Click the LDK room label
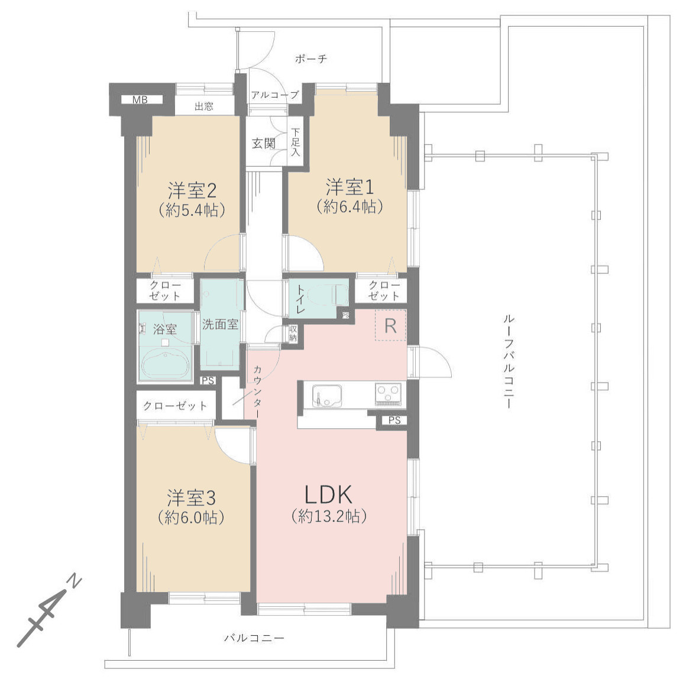click(329, 494)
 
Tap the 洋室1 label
click(350, 187)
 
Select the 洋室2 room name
click(192, 191)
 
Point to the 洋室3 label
click(192, 498)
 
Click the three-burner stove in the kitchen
click(389, 394)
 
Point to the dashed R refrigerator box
click(390, 325)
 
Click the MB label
click(140, 100)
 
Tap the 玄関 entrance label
click(264, 144)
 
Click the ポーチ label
click(310, 59)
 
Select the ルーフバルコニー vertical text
click(508, 361)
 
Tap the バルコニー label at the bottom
click(254, 638)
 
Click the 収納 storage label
click(293, 334)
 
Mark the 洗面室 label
click(220, 325)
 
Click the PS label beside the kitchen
click(394, 420)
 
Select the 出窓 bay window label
click(203, 106)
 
